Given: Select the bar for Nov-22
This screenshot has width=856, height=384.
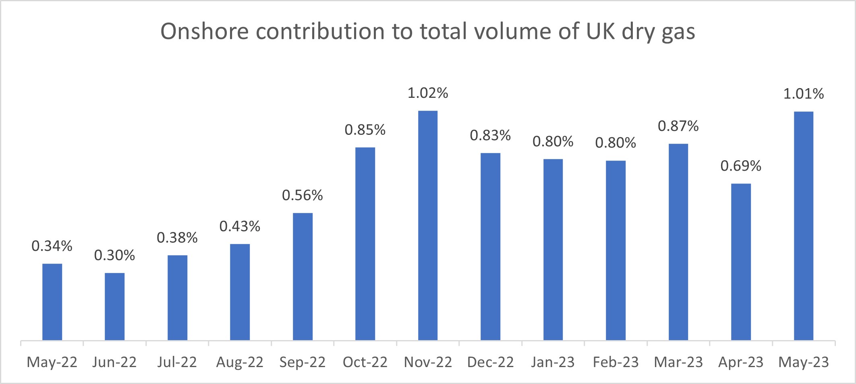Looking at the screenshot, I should tap(428, 225).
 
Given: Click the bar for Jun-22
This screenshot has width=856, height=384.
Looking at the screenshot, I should tap(115, 307).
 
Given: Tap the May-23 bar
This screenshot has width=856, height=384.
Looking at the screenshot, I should tap(804, 226).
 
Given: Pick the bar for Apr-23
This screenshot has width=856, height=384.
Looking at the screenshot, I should tap(741, 262).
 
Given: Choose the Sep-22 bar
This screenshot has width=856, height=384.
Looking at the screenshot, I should tap(303, 277).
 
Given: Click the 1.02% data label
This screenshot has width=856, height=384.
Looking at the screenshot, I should tap(428, 93).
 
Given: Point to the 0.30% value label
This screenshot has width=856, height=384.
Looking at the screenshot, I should tap(115, 255).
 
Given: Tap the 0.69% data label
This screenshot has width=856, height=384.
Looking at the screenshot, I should tap(741, 166).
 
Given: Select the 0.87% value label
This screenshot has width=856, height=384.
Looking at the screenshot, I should tap(678, 126).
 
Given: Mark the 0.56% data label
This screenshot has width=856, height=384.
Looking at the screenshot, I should tap(303, 196).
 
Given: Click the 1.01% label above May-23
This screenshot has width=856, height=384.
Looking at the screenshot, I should tap(804, 94).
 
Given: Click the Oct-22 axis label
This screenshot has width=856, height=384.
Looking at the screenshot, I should tap(365, 362).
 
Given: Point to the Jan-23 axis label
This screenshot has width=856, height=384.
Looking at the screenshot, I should tap(553, 362).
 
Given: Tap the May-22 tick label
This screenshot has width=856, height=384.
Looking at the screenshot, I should tap(52, 362).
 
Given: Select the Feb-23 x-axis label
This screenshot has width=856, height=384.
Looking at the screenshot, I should tap(616, 362).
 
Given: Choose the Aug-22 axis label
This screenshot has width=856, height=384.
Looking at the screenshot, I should tap(240, 362).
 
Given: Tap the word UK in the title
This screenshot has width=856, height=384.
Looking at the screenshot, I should tap(600, 31).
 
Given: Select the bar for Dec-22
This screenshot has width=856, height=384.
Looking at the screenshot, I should tap(490, 246).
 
